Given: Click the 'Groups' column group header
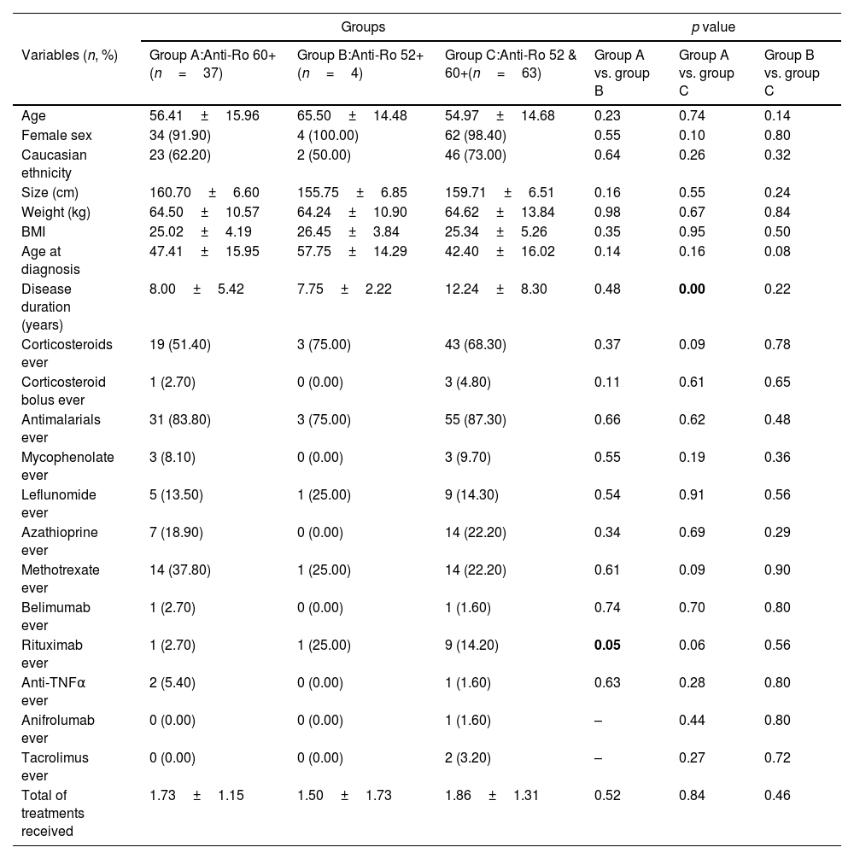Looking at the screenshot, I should coord(363,27).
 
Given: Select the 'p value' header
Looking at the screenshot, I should coord(713,27).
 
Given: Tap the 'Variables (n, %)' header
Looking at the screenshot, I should coord(69,56).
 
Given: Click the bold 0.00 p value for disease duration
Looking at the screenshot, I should coord(691,289).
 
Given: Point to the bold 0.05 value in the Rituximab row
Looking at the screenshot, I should coord(607,645).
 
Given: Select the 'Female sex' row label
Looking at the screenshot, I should coord(56,135).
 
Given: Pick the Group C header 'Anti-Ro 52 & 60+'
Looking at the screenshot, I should coord(511,64).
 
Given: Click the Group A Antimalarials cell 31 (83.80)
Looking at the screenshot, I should coord(180,419).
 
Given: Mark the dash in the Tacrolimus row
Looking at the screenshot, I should coord(599,757).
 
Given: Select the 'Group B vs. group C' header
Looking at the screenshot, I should coord(792,64).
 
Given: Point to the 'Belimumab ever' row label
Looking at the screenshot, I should coord(56,616).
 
